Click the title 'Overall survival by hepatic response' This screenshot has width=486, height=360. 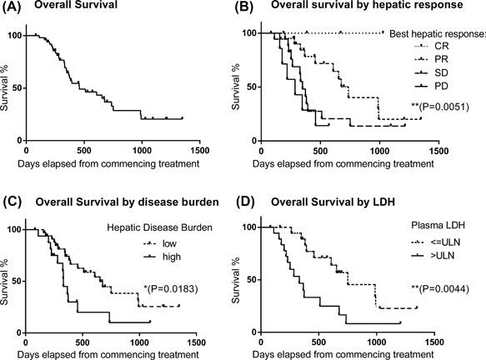click(370, 11)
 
